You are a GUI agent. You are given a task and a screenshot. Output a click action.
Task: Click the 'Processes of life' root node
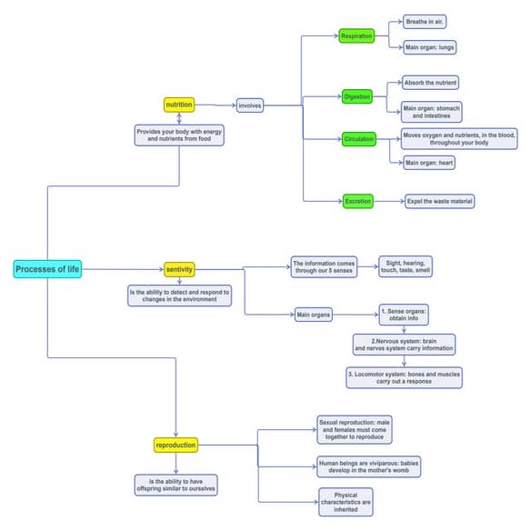coord(47,269)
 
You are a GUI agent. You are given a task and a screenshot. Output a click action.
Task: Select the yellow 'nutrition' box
coord(179,105)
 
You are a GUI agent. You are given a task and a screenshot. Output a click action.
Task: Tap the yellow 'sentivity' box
coord(179,269)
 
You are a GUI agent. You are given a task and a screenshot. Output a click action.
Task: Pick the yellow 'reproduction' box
coord(175,445)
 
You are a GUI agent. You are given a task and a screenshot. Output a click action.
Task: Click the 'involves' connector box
coord(250,105)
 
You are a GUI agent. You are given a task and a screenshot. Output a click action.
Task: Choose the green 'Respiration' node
coord(357,36)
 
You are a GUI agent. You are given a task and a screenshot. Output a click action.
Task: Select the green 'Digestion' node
coord(357,95)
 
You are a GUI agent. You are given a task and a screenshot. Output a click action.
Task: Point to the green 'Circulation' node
coord(358,139)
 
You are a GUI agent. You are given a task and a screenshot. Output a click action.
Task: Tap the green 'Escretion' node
coord(357,201)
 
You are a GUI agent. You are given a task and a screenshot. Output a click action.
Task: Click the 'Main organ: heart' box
coord(428,162)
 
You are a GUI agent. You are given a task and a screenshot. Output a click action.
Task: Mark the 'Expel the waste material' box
coord(440,201)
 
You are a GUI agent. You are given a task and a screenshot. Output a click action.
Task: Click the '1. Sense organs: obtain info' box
coord(404,315)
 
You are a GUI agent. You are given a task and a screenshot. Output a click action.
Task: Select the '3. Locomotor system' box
coord(404,376)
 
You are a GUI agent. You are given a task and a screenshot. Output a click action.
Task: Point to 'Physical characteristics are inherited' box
coord(345,501)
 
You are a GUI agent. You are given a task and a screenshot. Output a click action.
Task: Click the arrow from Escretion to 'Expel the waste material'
coord(389,201)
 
